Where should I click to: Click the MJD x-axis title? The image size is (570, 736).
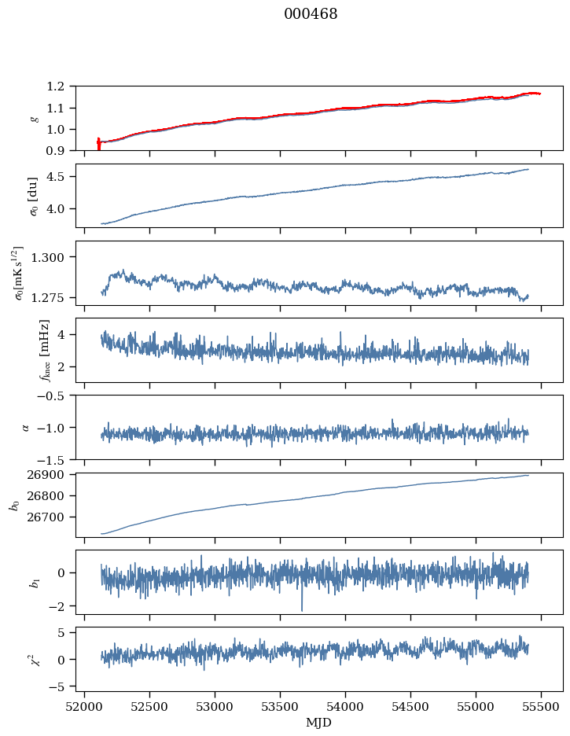click(x=318, y=723)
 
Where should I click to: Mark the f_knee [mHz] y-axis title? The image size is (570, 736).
click(x=44, y=350)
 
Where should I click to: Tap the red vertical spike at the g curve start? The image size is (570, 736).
click(x=98, y=144)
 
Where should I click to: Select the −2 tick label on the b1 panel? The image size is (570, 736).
click(x=61, y=606)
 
